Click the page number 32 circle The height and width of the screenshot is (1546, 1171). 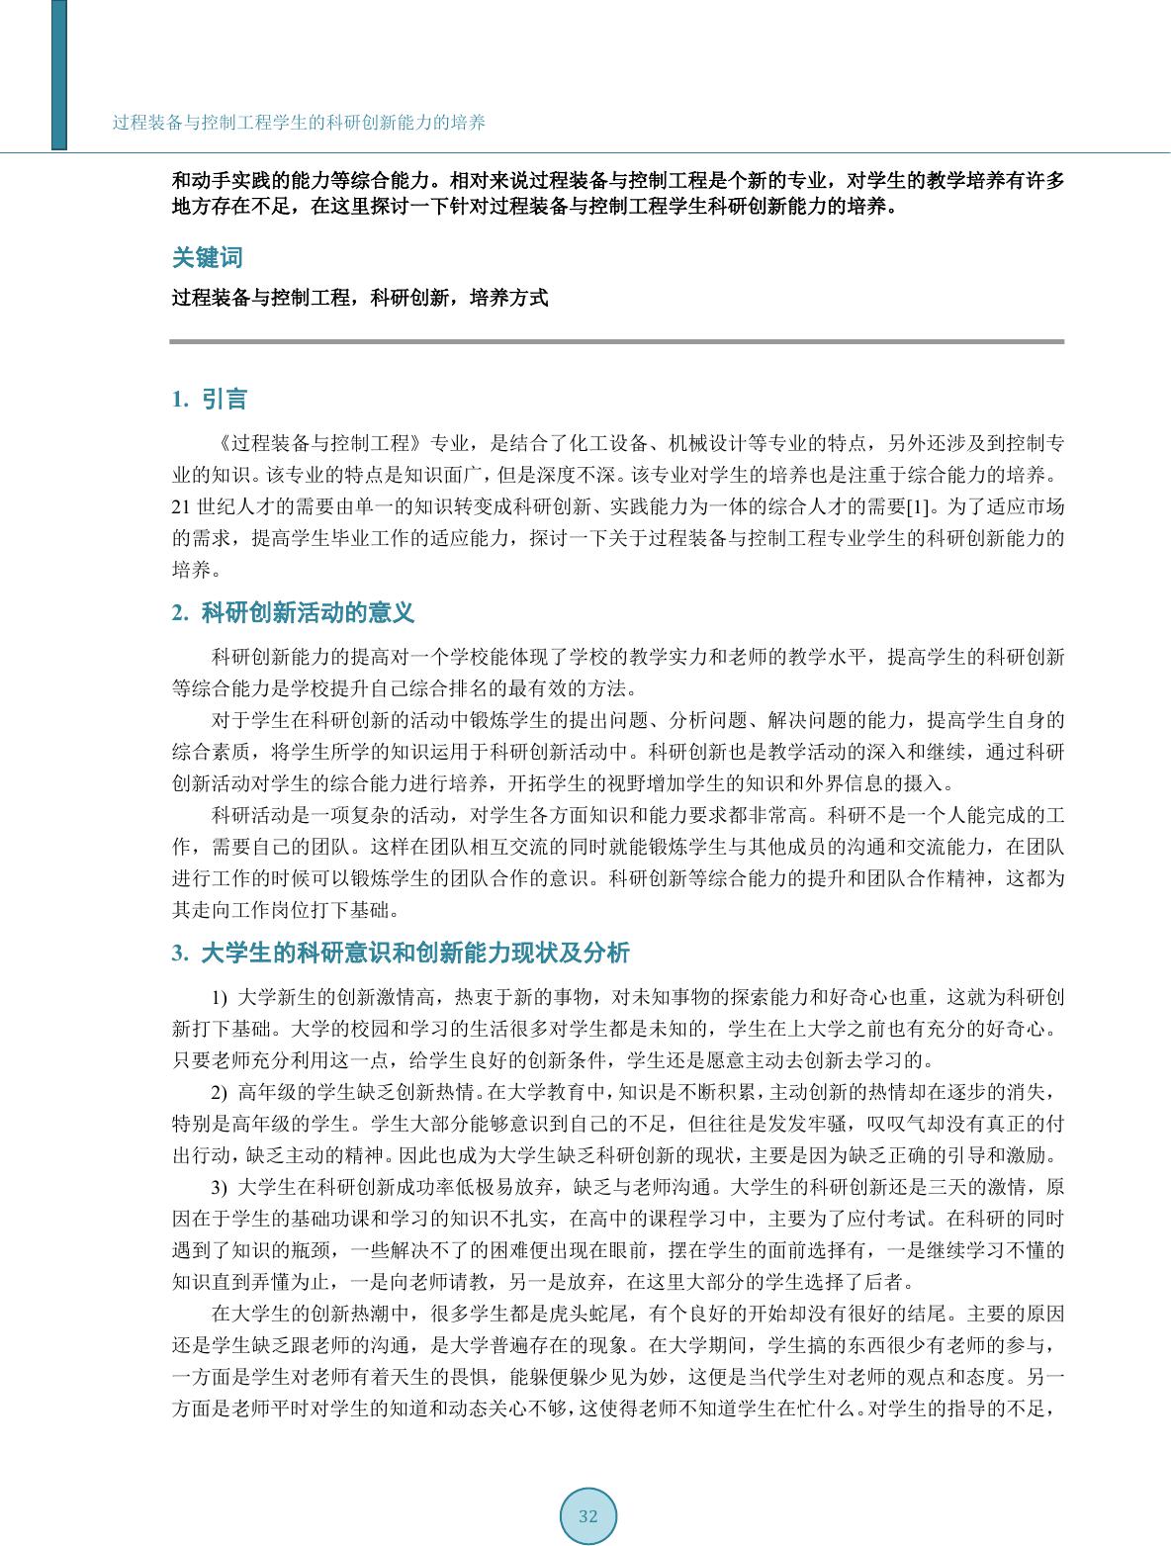click(x=588, y=1516)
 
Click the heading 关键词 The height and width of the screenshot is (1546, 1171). click(x=207, y=257)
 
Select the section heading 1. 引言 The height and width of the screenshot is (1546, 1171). click(x=209, y=400)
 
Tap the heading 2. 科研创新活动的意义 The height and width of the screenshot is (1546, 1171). click(x=293, y=613)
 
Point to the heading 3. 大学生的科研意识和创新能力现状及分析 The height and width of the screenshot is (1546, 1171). click(x=401, y=954)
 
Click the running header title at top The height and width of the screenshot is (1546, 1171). click(x=299, y=123)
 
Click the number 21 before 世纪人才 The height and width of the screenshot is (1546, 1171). click(x=181, y=507)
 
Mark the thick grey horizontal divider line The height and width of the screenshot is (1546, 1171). click(x=617, y=341)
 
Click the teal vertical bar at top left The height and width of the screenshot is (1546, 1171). click(x=59, y=74)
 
